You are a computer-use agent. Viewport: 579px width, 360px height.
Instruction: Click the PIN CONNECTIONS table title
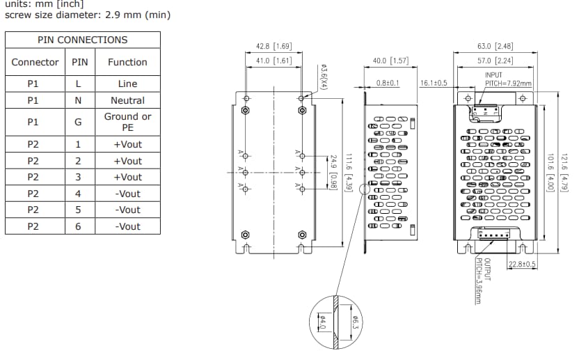point(83,40)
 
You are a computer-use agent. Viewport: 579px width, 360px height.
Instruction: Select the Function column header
point(127,62)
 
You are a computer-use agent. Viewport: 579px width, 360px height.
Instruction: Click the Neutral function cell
point(127,100)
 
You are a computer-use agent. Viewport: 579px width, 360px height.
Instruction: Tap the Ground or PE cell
point(127,122)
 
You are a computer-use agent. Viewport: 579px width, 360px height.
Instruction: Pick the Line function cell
point(127,84)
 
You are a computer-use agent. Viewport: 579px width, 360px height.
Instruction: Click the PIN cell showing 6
point(78,226)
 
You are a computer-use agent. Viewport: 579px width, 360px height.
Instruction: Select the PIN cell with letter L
point(78,84)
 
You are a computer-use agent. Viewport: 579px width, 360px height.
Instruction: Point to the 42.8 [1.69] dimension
point(273,46)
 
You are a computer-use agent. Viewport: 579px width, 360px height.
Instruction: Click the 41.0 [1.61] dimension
point(273,61)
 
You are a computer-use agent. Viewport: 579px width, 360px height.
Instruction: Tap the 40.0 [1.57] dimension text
point(390,61)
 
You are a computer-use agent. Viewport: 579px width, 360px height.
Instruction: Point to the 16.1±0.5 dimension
point(434,83)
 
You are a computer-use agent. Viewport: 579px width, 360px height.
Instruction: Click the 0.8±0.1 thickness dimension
point(388,83)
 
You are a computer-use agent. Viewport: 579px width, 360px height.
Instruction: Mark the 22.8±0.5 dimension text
point(522,264)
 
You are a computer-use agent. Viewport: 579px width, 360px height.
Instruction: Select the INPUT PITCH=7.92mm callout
point(507,79)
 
